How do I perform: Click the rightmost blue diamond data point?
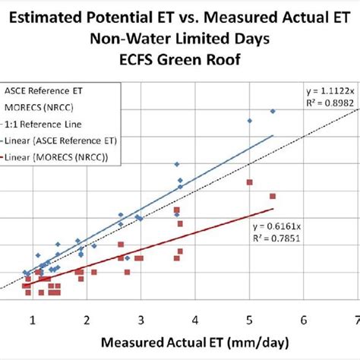coord(273,112)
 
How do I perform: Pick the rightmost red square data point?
coord(273,196)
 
